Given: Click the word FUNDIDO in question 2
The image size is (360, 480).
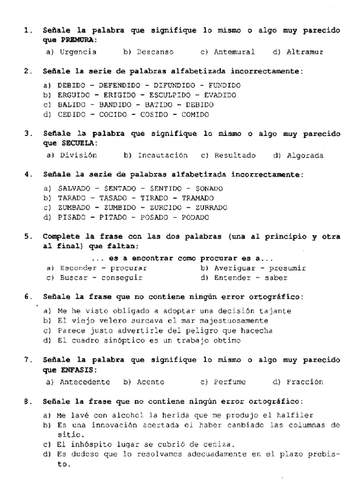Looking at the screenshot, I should [225, 85].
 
